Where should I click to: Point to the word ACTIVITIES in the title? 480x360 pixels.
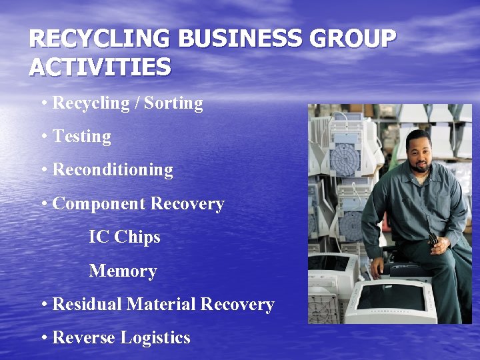100,67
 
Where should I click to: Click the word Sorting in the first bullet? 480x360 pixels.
173,103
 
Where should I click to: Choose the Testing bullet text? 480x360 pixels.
81,137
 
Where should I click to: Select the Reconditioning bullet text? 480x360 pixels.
112,170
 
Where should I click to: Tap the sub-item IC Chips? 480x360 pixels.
125,237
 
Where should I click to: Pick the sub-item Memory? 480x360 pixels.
123,271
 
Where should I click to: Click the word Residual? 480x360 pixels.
87,305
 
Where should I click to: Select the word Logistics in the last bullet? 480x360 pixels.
155,338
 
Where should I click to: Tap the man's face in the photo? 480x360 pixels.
420,152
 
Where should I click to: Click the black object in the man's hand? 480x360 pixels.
433,239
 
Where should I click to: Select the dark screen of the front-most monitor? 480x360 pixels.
393,297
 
